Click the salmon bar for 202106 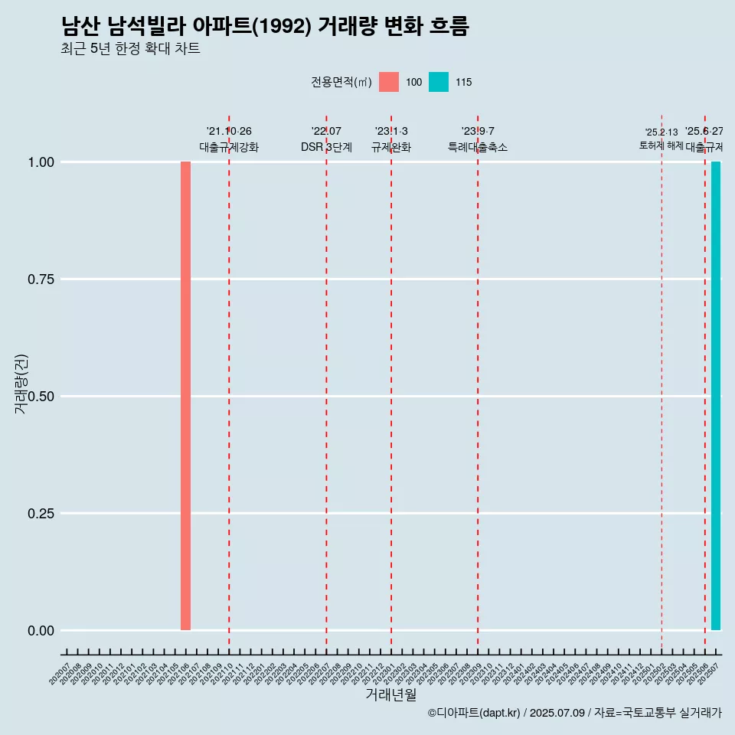[x=185, y=396]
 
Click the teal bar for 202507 [x=716, y=396]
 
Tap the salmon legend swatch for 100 [x=389, y=82]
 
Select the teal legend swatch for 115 [x=439, y=82]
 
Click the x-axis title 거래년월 [x=391, y=695]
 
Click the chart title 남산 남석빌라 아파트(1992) [x=264, y=27]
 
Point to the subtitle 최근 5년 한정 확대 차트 [x=130, y=49]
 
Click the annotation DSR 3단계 [x=326, y=147]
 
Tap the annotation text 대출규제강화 [x=229, y=147]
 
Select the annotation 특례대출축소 [x=478, y=147]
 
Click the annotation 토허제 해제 [x=661, y=145]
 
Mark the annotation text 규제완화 [x=391, y=147]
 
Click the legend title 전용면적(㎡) [x=341, y=83]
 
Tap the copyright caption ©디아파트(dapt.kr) [x=475, y=713]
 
